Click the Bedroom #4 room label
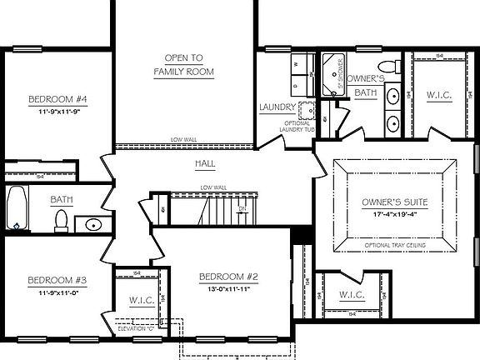[58, 98]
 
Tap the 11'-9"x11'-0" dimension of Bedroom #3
[57, 292]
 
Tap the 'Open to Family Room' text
[183, 64]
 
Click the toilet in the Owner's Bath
[387, 67]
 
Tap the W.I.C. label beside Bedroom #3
[138, 300]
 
